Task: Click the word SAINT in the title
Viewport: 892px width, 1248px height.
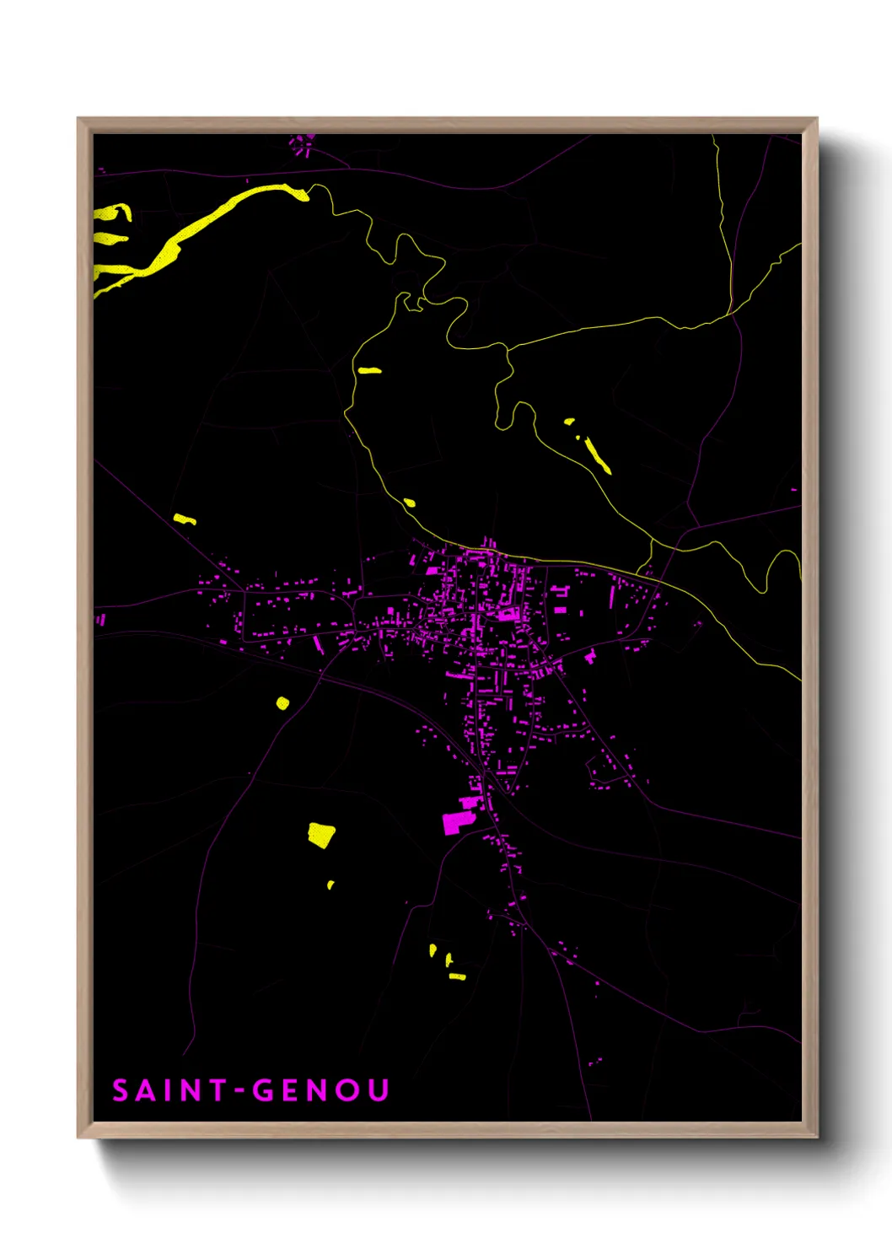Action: [169, 1090]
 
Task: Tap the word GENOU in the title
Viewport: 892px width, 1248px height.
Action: [321, 1090]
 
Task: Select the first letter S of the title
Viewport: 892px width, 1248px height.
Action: [121, 1090]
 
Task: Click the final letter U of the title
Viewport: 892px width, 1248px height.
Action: [379, 1090]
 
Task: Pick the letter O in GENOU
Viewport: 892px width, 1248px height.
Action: [347, 1090]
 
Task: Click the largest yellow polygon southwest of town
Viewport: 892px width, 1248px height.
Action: [321, 835]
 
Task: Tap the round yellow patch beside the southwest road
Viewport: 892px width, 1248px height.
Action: [282, 702]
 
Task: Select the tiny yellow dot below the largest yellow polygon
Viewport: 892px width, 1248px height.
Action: [330, 885]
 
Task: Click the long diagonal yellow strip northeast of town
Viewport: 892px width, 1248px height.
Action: [597, 455]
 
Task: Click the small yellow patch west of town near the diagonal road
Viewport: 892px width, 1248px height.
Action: [184, 519]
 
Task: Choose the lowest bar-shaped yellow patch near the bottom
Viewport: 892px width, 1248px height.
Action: [457, 976]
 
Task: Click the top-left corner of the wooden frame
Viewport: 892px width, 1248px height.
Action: [78, 119]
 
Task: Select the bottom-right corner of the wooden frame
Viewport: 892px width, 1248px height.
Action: [816, 1137]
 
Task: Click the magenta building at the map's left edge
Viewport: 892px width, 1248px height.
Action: [100, 620]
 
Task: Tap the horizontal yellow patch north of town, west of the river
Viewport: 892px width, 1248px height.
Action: [369, 370]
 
